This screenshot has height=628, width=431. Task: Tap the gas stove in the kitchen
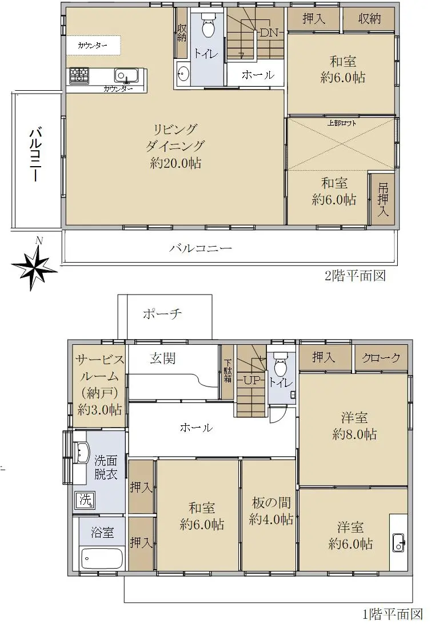click(79, 75)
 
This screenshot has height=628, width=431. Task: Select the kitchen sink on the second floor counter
click(126, 75)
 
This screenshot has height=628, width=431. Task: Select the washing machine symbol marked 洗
click(85, 500)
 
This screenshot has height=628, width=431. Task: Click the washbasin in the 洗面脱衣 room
click(82, 453)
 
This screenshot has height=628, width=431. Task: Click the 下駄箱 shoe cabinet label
click(228, 371)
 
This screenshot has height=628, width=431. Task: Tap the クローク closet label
click(381, 357)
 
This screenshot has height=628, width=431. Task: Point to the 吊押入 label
click(382, 199)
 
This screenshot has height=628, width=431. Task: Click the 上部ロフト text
click(342, 123)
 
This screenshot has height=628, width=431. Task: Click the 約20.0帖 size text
click(175, 163)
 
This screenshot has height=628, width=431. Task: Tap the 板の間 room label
click(271, 502)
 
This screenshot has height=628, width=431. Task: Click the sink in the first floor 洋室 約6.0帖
click(398, 541)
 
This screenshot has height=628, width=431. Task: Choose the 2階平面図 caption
click(355, 276)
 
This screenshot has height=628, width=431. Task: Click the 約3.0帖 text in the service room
click(100, 409)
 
